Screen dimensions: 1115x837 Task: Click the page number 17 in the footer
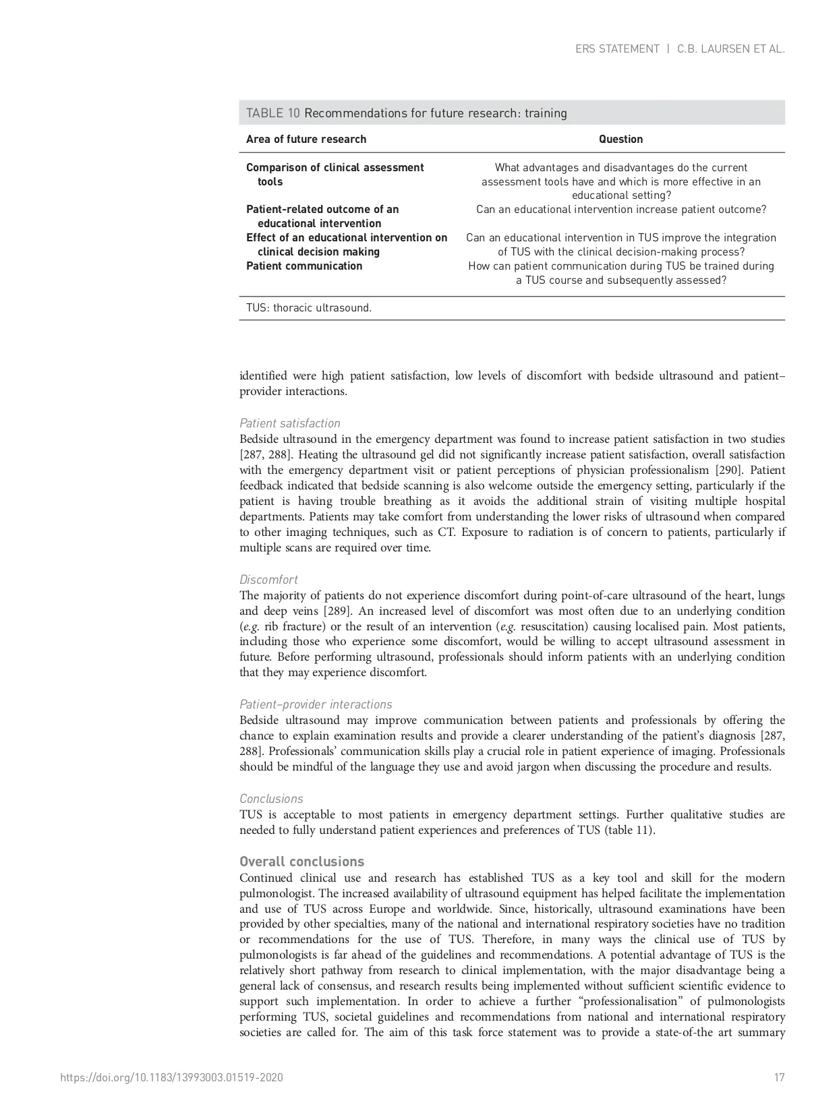[x=779, y=1077]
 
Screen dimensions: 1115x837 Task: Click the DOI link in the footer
[x=172, y=1077]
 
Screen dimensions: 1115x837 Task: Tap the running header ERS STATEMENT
[x=617, y=49]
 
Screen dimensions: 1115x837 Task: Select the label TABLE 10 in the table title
[x=272, y=113]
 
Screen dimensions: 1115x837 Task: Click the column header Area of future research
[x=306, y=140]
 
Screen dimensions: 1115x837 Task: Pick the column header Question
[x=620, y=140]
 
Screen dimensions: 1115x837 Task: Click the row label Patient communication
[x=304, y=266]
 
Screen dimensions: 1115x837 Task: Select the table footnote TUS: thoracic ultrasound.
[x=309, y=308]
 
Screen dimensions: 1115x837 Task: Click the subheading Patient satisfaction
[x=290, y=423]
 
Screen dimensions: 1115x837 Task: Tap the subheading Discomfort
[x=268, y=580]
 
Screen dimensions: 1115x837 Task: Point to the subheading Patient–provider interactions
[x=316, y=704]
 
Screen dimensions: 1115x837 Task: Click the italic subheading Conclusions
[x=271, y=799]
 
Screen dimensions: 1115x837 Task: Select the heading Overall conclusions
[x=301, y=862]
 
